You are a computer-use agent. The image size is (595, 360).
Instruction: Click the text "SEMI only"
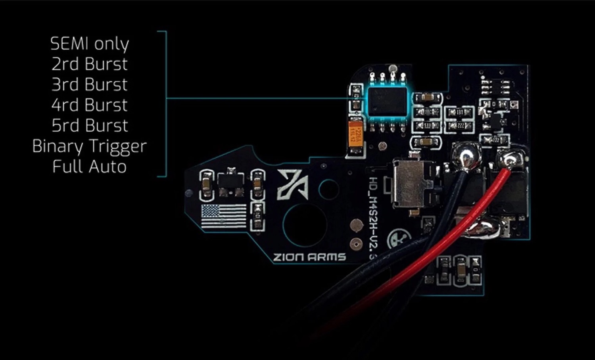pos(90,44)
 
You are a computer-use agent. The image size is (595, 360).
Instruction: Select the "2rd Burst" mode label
pos(90,64)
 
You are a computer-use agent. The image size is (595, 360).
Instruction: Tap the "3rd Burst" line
pos(90,85)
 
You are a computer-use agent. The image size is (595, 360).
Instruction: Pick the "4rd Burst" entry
pos(90,105)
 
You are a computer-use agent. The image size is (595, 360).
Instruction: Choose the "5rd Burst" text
pos(90,126)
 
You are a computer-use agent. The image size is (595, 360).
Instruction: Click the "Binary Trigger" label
pos(90,146)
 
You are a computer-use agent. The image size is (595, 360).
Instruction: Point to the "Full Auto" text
pos(90,167)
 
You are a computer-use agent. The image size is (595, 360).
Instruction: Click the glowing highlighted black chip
pos(387,101)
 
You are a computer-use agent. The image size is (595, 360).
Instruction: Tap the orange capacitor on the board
pos(355,132)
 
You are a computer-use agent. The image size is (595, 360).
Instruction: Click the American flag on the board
pos(224,216)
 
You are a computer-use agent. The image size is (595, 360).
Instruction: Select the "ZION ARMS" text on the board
pos(309,257)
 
